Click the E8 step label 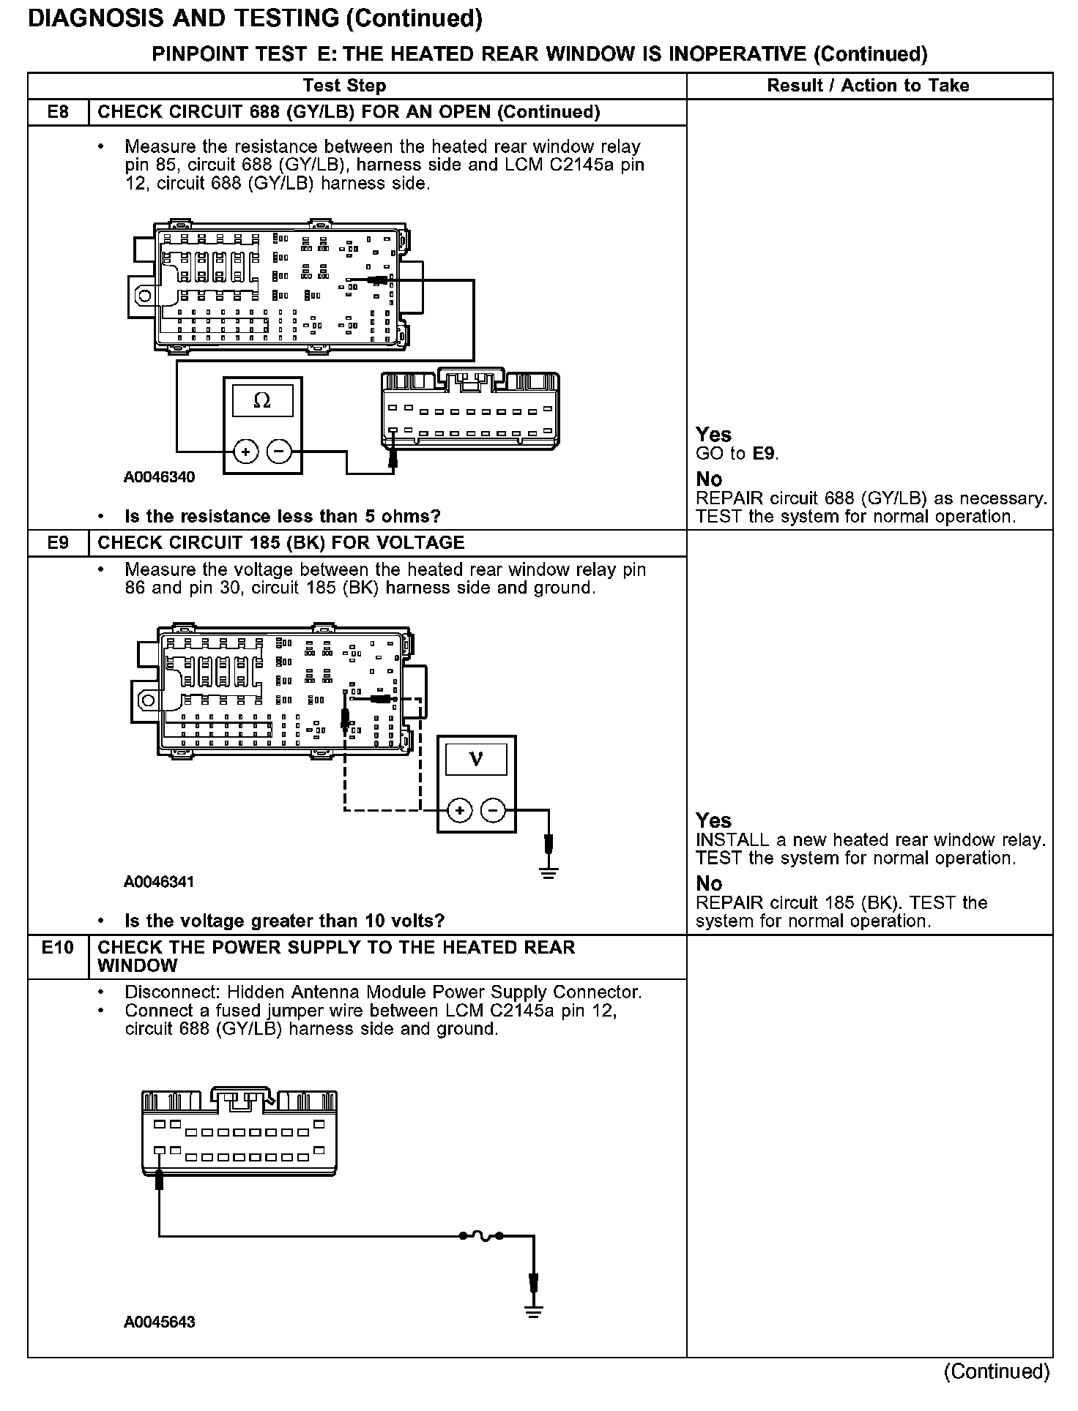(x=58, y=112)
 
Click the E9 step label (x=58, y=543)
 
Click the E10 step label (x=58, y=948)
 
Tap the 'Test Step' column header (x=344, y=86)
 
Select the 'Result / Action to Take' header (x=868, y=86)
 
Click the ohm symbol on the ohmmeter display (x=261, y=400)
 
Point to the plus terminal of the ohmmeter (x=245, y=452)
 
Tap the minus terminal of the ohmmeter (x=279, y=452)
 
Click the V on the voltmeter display (x=476, y=759)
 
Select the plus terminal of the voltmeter (x=459, y=810)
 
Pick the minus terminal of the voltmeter (x=493, y=810)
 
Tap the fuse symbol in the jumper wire (x=481, y=1236)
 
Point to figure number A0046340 (x=159, y=478)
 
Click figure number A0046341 (x=159, y=882)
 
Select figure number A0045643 (x=159, y=1322)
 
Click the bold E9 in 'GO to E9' (x=764, y=454)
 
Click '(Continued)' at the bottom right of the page (x=997, y=1371)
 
